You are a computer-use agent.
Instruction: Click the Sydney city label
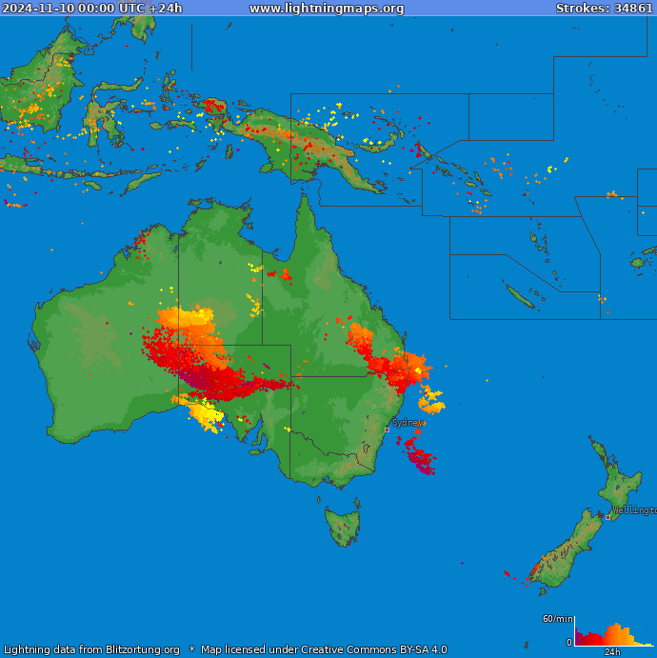407,422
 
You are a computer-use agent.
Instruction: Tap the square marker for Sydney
387,429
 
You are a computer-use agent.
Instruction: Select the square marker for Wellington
608,517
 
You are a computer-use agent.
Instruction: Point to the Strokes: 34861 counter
605,8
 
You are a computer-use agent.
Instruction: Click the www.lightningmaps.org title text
327,8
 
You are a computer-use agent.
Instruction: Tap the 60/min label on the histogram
557,619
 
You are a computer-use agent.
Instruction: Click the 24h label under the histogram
612,652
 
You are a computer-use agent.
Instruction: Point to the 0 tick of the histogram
569,643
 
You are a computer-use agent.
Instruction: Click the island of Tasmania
344,525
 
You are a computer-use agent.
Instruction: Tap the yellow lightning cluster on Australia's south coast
206,414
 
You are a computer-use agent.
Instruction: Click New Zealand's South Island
562,552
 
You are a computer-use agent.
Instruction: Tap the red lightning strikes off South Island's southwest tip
511,574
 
